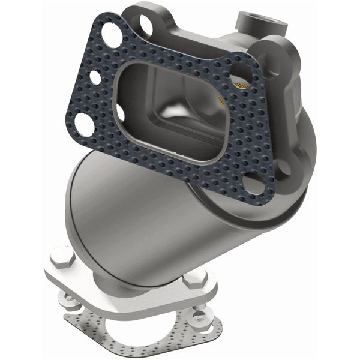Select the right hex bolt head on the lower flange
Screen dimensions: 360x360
point(193,279)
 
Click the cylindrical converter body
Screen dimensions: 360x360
point(138,210)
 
